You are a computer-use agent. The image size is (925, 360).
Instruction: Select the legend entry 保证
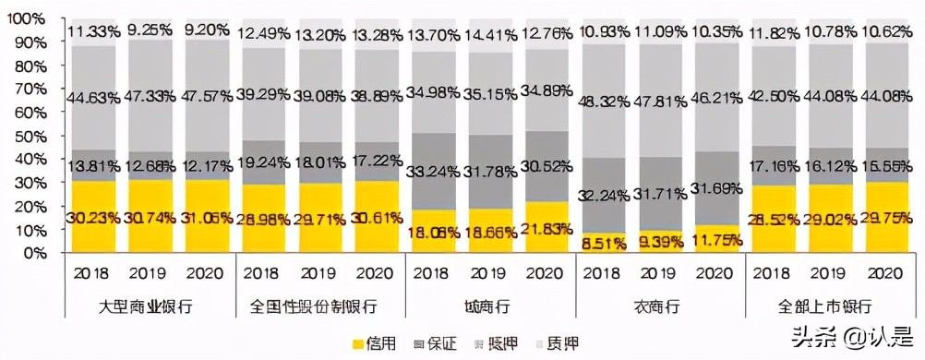pyautogui.click(x=441, y=343)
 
